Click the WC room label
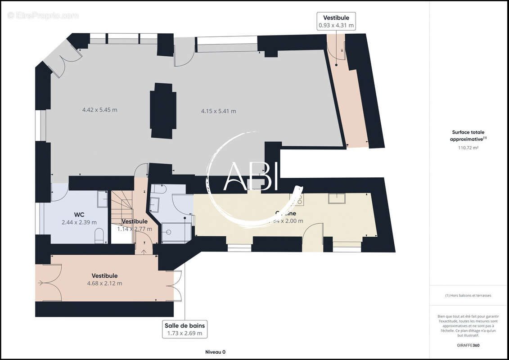[79, 214]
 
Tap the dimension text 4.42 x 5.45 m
[99, 110]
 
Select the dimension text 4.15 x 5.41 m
[218, 111]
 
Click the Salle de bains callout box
[185, 329]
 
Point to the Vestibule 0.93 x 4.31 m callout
[336, 22]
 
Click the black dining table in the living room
[163, 111]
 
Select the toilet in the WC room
[99, 235]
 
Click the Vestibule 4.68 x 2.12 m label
[104, 279]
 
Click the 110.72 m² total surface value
[468, 148]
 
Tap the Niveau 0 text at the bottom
[215, 352]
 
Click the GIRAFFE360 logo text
[468, 345]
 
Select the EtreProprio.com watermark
[43, 15]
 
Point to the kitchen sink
[337, 198]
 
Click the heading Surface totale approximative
[468, 135]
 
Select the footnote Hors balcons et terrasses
[468, 296]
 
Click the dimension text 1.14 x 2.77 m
[135, 229]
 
